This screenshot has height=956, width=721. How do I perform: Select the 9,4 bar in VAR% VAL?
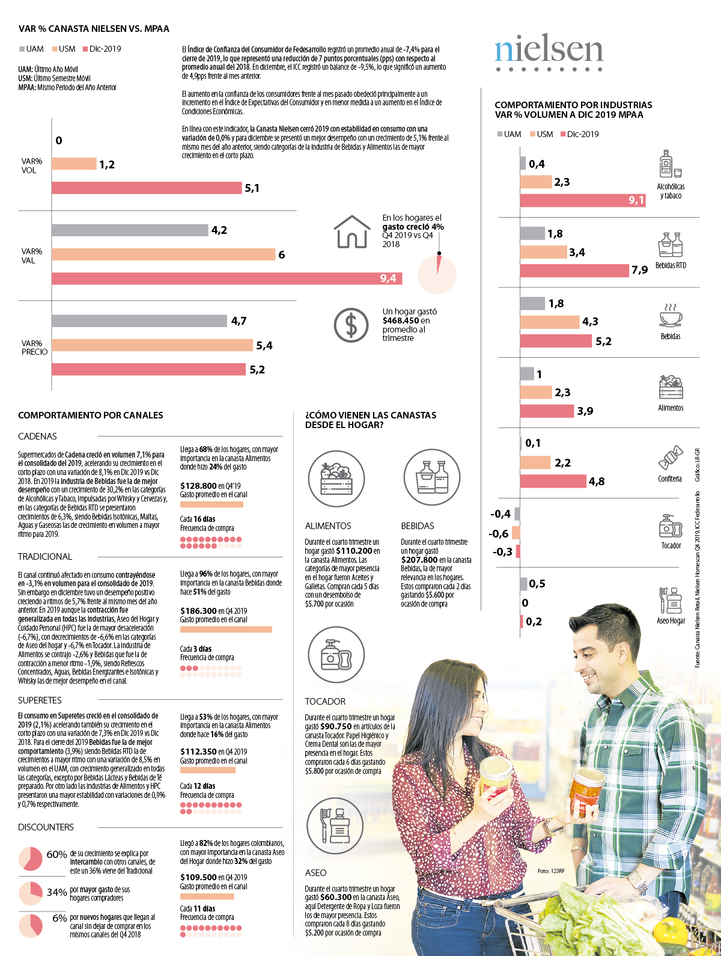(x=227, y=278)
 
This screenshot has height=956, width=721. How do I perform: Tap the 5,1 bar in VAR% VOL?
(x=146, y=188)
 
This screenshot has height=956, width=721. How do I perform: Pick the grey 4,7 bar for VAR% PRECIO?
(x=139, y=321)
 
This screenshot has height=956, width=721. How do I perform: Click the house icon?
(x=351, y=232)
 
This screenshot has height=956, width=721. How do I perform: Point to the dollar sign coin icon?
(x=351, y=325)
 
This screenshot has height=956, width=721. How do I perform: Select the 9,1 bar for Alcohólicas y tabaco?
(x=582, y=200)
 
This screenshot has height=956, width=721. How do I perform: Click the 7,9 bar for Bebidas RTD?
(x=574, y=271)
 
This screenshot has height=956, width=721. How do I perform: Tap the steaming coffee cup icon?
(x=671, y=315)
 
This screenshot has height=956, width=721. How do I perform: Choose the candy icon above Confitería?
(x=671, y=458)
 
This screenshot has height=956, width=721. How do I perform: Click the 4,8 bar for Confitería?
(x=553, y=482)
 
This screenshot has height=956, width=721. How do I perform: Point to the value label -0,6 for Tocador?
(x=499, y=534)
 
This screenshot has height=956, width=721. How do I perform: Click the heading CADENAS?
(x=37, y=437)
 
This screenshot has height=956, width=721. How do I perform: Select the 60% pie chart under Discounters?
(x=31, y=859)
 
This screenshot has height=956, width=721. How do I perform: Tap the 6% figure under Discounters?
(x=59, y=918)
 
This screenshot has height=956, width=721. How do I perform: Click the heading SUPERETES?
(x=40, y=700)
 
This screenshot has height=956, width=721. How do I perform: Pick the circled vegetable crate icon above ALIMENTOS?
(x=336, y=479)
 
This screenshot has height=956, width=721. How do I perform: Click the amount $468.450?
(x=402, y=321)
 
